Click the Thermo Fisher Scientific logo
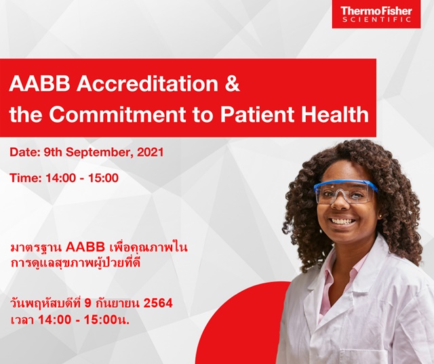coord(376,14)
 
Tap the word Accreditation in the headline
coord(147,83)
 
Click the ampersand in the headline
coord(232,84)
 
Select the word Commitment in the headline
coord(117,114)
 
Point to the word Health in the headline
coord(335,114)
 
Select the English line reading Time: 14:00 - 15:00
coord(64,178)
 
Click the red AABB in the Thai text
coord(85,247)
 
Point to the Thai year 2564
coord(158,303)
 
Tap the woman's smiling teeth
coord(343,221)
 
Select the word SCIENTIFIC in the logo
coord(376,20)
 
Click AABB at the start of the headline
coord(39,84)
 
